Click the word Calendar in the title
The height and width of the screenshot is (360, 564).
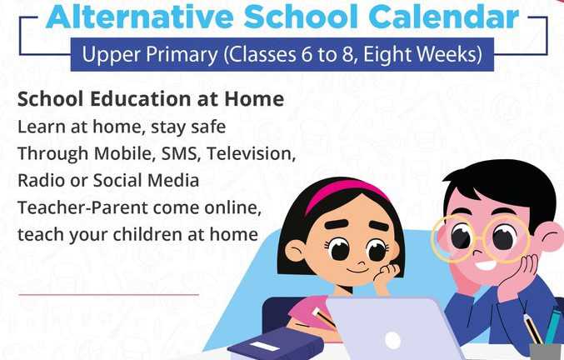tap(444, 17)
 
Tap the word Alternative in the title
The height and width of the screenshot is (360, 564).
tap(140, 17)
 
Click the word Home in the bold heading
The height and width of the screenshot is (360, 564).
tap(254, 99)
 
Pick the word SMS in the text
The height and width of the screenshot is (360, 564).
tap(179, 153)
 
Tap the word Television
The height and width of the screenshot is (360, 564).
tap(251, 153)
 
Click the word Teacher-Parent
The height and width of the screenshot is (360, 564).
tap(82, 207)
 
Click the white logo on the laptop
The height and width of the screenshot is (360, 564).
tap(392, 339)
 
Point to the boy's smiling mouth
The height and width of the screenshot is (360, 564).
tap(487, 266)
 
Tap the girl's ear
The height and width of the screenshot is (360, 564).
tap(294, 251)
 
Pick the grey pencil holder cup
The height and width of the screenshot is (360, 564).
tap(546, 352)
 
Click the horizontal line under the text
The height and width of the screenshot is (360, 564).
tap(108, 294)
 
